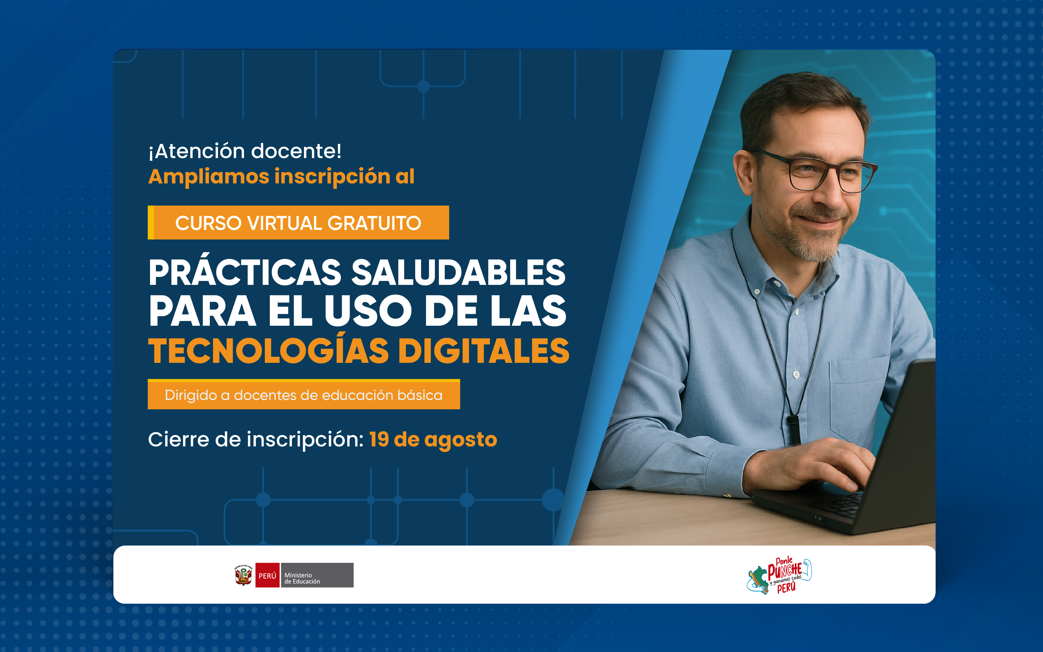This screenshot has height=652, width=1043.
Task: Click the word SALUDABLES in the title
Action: (x=458, y=273)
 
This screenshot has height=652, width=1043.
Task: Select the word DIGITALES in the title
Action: (x=484, y=351)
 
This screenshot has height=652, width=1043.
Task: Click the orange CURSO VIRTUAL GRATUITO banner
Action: (x=298, y=222)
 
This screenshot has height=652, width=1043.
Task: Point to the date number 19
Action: (x=379, y=439)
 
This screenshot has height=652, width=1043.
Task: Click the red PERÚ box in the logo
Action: (x=267, y=575)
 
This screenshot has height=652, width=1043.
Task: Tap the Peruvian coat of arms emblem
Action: (x=244, y=575)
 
